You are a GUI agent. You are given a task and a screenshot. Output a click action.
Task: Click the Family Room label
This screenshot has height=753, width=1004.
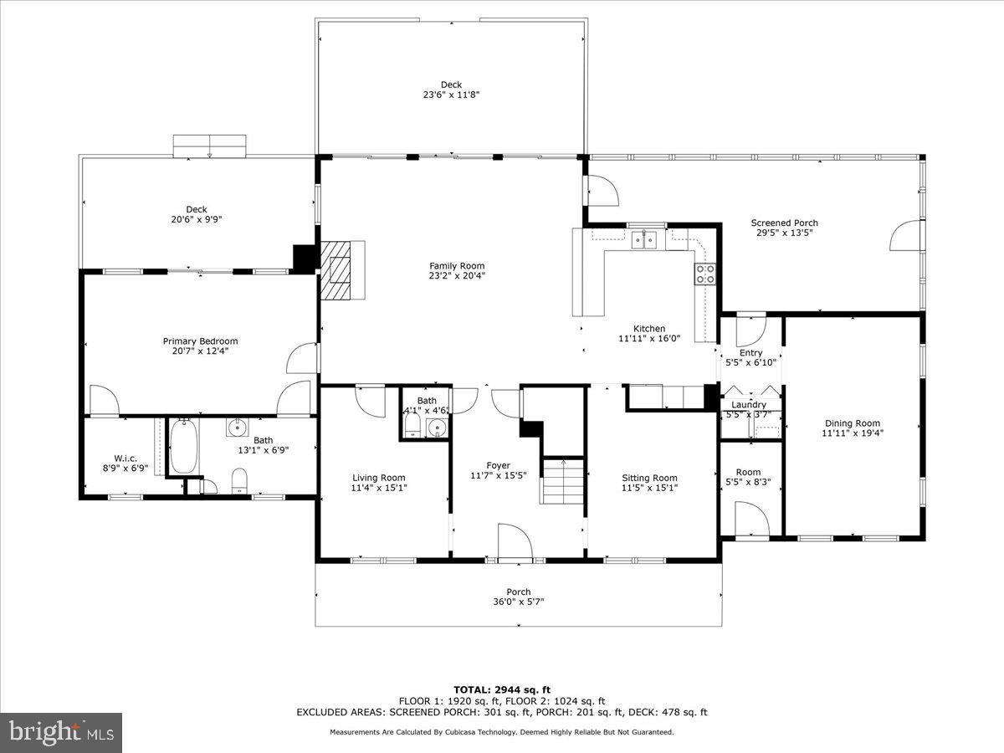(x=457, y=266)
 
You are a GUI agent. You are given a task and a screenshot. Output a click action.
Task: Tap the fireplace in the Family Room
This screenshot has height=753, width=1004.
(x=341, y=269)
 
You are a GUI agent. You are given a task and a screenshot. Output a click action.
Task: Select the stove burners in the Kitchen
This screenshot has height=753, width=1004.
(x=704, y=274)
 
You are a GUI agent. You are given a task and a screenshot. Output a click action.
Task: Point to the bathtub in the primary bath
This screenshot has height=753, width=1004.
(x=184, y=446)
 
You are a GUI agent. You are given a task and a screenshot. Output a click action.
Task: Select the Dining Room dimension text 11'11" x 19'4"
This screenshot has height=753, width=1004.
(x=852, y=433)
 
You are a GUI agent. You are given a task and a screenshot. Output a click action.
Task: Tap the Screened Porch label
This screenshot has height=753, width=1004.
(x=784, y=223)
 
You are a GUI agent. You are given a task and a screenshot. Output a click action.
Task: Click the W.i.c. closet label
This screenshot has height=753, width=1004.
(x=125, y=458)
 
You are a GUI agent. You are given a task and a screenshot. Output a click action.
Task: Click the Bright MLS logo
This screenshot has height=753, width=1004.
(x=61, y=733)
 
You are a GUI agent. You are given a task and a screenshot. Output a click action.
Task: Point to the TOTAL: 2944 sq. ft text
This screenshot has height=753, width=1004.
(x=502, y=689)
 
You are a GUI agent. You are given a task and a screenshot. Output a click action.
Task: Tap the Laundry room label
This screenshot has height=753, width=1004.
(x=749, y=405)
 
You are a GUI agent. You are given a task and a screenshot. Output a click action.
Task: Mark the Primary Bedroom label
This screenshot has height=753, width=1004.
(x=200, y=341)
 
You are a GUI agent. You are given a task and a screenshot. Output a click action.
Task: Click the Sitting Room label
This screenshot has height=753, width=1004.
(x=649, y=479)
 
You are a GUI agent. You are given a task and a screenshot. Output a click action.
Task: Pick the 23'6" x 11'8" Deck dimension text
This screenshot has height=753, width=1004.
(x=450, y=95)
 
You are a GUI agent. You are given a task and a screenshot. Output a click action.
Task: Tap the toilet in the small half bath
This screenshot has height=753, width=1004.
(x=412, y=428)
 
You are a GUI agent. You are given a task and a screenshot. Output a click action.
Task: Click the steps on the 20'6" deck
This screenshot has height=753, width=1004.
(x=209, y=146)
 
